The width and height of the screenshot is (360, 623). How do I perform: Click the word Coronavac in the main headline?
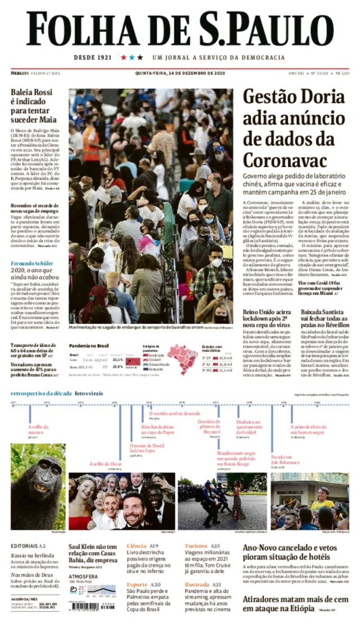285,161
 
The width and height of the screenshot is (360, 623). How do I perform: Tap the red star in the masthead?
124,57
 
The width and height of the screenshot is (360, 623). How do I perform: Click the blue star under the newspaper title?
132,57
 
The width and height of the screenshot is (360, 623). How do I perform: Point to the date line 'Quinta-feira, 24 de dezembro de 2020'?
180,73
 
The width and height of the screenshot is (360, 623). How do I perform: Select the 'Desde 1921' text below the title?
92,57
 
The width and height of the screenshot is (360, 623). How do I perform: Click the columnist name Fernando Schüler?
32,263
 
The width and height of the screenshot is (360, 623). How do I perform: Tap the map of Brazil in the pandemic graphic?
183,358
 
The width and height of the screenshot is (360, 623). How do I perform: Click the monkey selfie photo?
38,486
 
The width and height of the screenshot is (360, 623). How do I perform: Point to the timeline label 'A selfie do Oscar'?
105,464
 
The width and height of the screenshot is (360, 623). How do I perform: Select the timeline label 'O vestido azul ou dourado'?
174,413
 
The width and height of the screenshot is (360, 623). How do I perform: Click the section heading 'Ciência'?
136,546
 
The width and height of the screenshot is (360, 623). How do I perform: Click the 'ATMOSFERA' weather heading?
83,577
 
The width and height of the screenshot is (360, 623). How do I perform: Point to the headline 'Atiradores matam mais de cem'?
295,599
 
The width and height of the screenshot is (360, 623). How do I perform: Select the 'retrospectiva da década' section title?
41,393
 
